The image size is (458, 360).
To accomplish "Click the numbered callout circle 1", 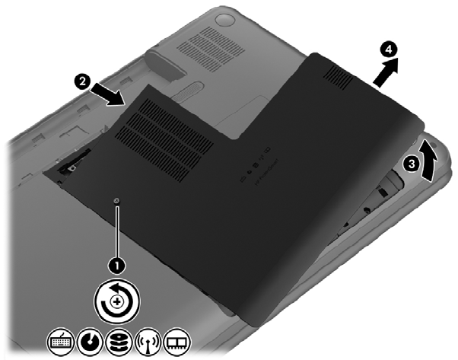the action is (x=117, y=266).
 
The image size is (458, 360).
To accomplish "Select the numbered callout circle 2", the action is (x=83, y=81).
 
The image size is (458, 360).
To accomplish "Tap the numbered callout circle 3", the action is (x=412, y=164).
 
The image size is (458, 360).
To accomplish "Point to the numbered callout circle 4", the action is (x=389, y=50).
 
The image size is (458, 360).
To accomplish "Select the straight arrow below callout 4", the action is (x=386, y=72).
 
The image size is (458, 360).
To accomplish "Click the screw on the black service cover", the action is (x=117, y=200).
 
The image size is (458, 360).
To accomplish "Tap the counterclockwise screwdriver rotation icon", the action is (x=117, y=301).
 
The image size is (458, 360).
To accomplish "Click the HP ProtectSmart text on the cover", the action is (x=266, y=172).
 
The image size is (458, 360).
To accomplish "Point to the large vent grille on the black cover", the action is (x=164, y=140).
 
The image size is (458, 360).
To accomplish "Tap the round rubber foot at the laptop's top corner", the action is (x=225, y=21).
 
